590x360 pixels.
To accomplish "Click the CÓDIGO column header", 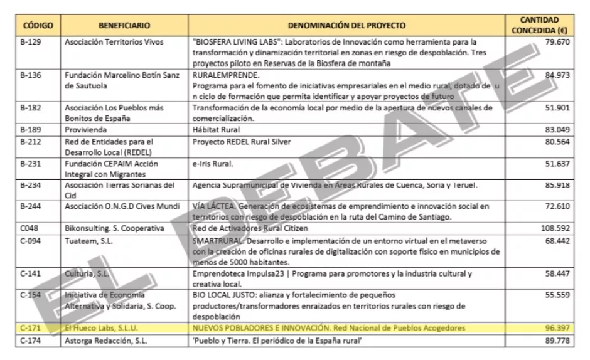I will tap(38, 26).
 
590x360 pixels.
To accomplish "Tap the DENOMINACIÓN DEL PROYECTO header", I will tap(346, 26).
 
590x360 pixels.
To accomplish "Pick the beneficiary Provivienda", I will tap(87, 130).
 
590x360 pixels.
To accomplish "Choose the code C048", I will tap(29, 228).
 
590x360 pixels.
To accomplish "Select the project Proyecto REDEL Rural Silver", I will tap(242, 142).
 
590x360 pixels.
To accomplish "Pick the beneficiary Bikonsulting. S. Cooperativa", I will tap(114, 228).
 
